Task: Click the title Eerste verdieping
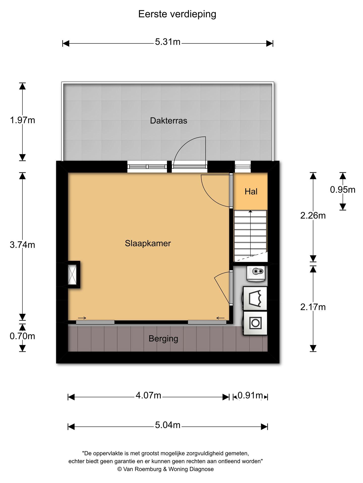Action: pos(177,14)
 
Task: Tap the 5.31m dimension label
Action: pos(168,42)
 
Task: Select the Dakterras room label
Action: pos(168,121)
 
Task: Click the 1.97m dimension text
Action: pos(22,120)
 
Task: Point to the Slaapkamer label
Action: pos(148,243)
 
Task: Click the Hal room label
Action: pos(251,192)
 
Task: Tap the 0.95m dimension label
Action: pos(342,190)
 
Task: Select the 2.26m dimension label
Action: pos(313,216)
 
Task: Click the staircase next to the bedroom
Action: pos(250,235)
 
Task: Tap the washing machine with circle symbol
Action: pos(255,323)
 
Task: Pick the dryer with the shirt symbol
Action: pos(255,299)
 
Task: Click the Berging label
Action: pos(163,339)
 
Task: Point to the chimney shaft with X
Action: pos(73,275)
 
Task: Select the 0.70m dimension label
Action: pos(22,336)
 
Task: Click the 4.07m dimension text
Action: pos(148,395)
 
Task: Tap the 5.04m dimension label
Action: pos(168,425)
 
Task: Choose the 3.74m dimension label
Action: pos(22,245)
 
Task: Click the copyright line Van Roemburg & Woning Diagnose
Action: pos(165,469)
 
